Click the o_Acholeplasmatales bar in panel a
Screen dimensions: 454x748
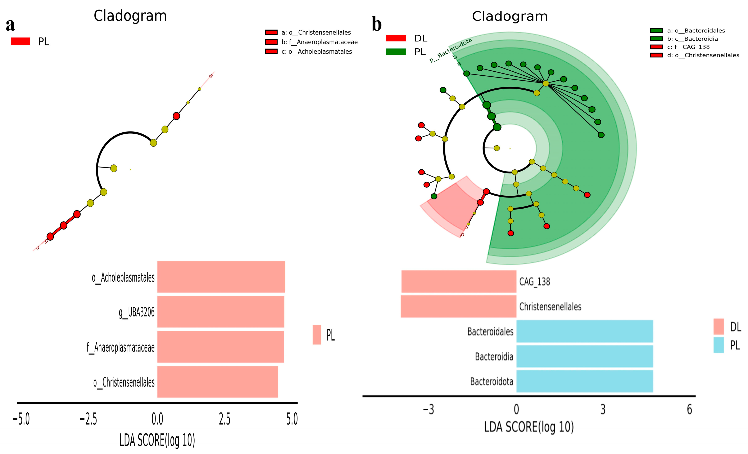(x=221, y=277)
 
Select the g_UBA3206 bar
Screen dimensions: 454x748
(x=221, y=312)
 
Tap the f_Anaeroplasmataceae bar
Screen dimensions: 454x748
(x=220, y=347)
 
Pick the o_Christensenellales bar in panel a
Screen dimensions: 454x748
(x=218, y=382)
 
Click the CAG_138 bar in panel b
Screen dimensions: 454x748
(x=459, y=281)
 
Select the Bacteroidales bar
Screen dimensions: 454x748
(x=585, y=331)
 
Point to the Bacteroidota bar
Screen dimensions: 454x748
(x=585, y=381)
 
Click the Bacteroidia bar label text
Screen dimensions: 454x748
(x=494, y=356)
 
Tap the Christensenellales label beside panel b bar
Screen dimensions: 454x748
(x=550, y=307)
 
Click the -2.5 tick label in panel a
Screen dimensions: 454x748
(x=88, y=419)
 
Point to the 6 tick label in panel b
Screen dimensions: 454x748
(x=689, y=410)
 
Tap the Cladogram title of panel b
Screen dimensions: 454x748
(x=510, y=16)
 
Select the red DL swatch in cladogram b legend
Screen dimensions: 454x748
(x=396, y=38)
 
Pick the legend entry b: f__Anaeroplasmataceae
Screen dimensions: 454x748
(x=319, y=42)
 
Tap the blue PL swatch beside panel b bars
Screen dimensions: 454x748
(x=718, y=345)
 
